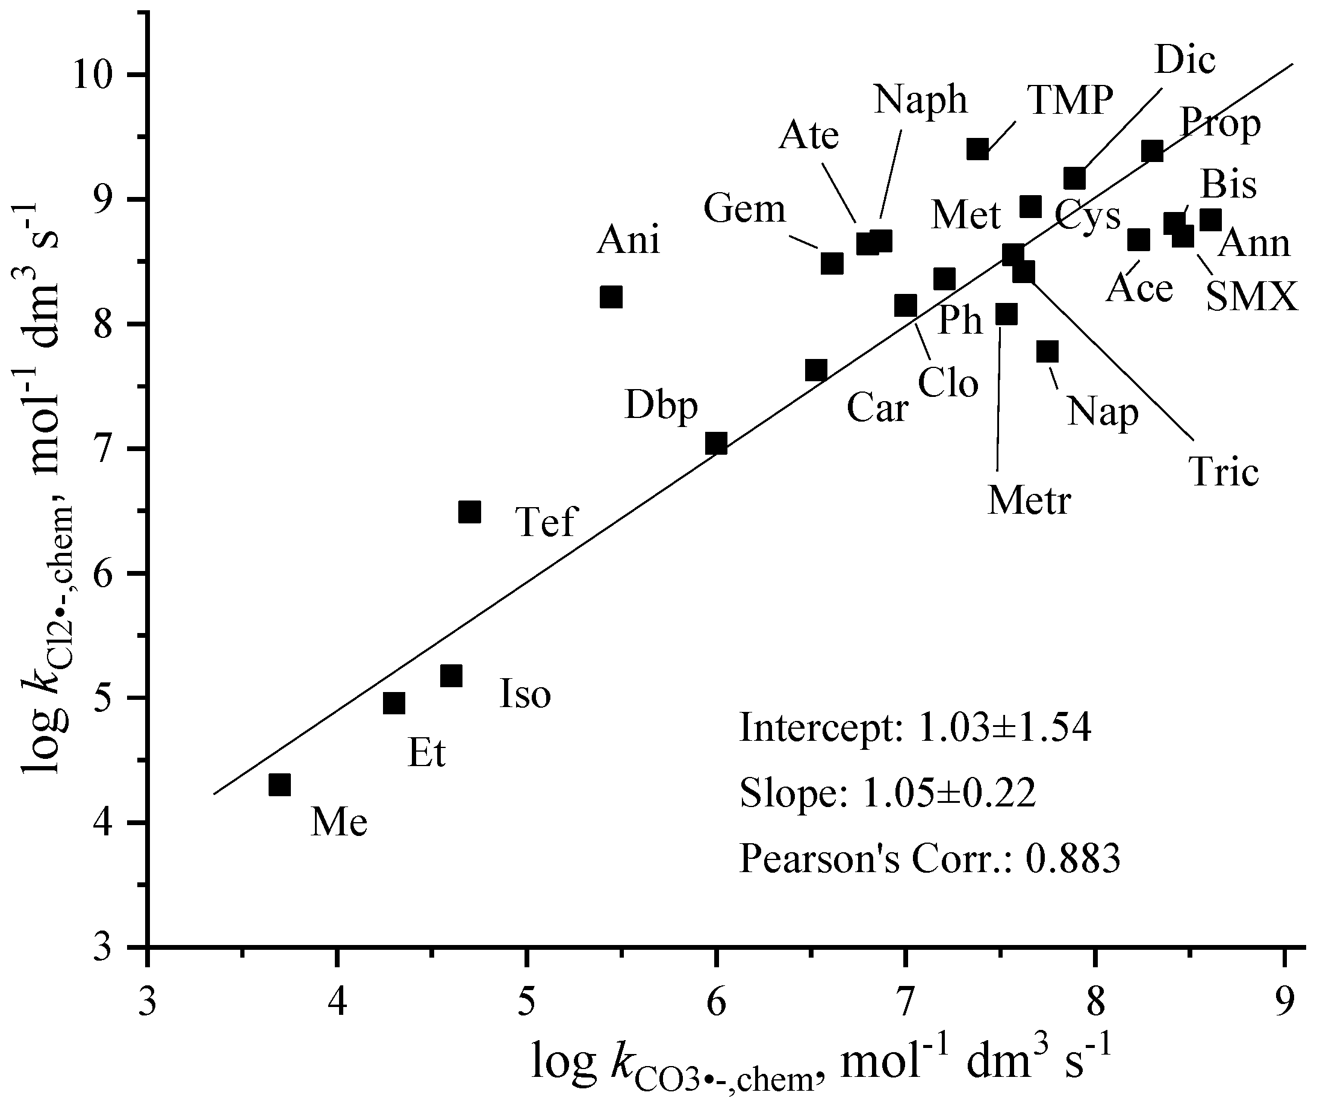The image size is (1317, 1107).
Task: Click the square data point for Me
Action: point(279,784)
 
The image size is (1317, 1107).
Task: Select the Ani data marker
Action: point(611,297)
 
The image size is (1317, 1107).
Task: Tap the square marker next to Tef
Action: point(469,512)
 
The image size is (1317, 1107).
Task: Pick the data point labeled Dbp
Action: point(716,444)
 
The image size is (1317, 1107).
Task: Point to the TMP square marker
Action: point(977,149)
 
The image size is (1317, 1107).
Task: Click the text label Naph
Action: point(921,100)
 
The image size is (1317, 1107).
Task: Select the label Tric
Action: point(1224,473)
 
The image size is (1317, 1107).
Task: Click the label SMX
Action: point(1252,297)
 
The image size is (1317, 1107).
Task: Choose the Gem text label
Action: point(744,209)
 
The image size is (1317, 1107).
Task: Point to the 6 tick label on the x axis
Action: point(716,987)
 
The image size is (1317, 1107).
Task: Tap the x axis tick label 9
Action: point(1284,987)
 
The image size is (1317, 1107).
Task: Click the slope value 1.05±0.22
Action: point(949,794)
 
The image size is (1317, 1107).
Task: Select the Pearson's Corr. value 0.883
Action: point(1073,858)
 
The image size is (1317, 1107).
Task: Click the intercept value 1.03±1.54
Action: point(1004,729)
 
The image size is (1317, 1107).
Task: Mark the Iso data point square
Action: point(451,676)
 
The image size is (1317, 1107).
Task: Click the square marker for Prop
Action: point(1152,151)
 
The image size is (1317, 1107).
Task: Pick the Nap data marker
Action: point(1047,351)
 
